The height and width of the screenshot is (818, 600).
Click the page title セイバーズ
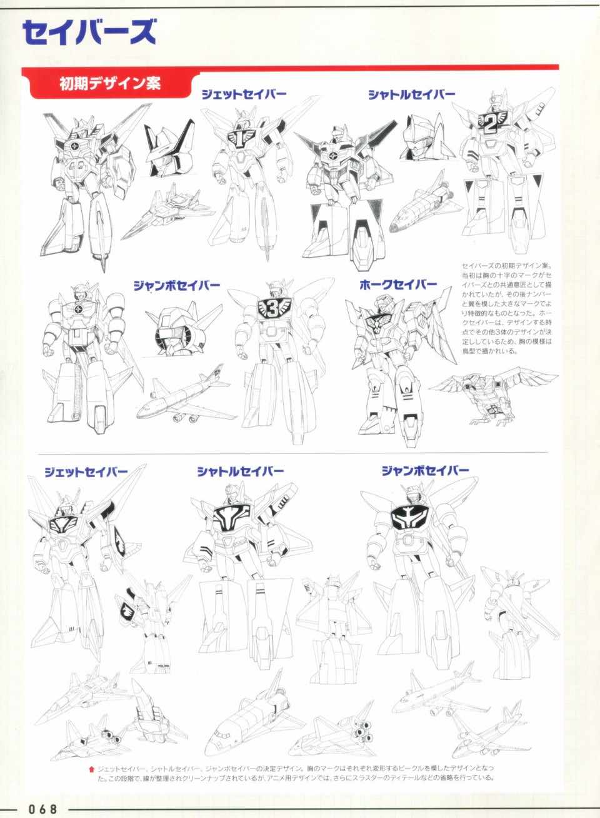(x=89, y=33)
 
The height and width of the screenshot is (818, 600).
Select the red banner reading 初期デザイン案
(x=110, y=84)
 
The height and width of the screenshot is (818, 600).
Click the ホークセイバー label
(x=399, y=285)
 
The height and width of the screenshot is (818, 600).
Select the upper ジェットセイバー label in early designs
(x=244, y=95)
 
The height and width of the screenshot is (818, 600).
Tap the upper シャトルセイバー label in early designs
(x=412, y=95)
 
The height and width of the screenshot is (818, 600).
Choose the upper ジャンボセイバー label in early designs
(x=177, y=285)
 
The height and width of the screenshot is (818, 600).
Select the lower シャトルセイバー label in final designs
(x=241, y=472)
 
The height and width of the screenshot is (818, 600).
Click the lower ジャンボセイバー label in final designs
(x=425, y=470)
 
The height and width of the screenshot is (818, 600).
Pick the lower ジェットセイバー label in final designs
(x=86, y=472)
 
